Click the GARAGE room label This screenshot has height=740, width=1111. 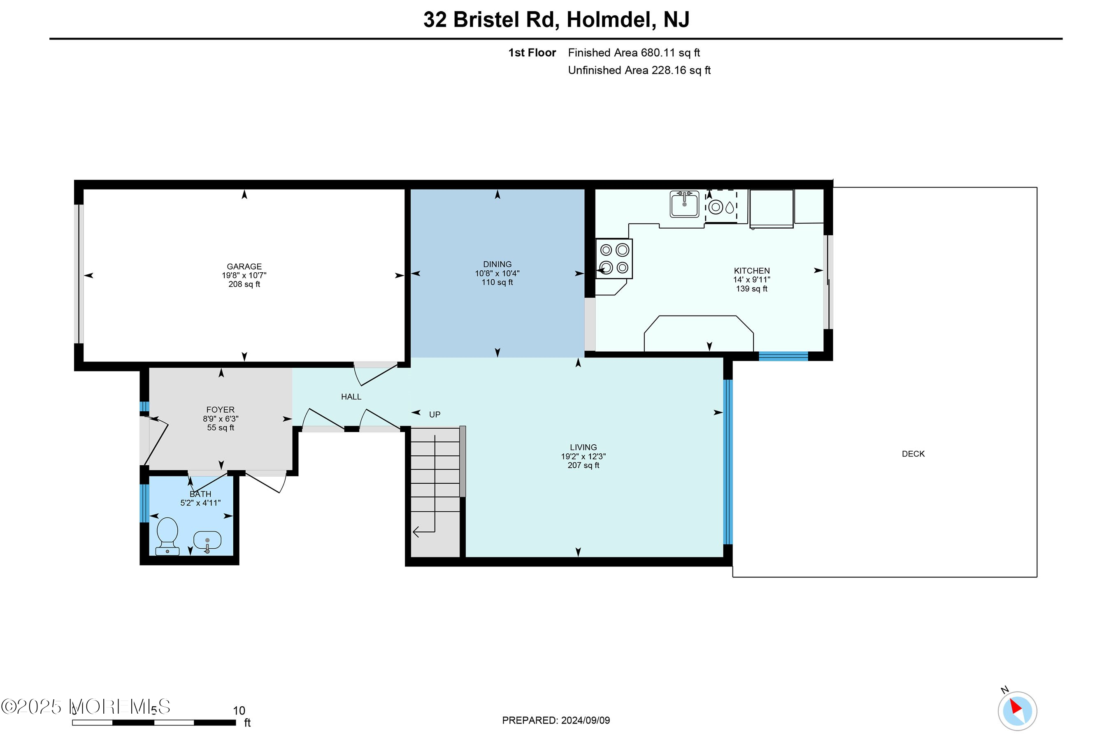pos(244,267)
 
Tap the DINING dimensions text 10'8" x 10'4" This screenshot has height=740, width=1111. pos(497,273)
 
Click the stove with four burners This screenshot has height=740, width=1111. pos(614,259)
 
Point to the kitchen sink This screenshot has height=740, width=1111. pos(684,204)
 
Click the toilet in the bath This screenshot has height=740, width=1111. pos(167,536)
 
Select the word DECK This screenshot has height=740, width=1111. pos(913,454)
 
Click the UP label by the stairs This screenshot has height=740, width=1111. pos(435,415)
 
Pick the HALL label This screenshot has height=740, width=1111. pos(351,397)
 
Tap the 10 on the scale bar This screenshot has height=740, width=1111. pos(239,711)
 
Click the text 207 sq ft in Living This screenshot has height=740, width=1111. pos(583,465)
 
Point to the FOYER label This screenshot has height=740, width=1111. pos(220,410)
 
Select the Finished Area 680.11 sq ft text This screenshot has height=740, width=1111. pos(633,53)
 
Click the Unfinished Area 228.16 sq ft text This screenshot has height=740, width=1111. pos(639,70)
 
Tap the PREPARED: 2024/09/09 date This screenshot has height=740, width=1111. pos(555,721)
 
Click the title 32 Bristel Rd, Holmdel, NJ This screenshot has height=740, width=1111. pos(556,19)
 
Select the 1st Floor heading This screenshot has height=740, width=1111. pos(532,53)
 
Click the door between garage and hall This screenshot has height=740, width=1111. pos(375,373)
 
